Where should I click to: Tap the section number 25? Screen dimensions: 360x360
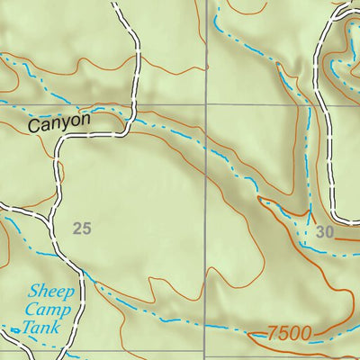(82, 229)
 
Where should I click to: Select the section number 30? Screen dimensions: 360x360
(325, 232)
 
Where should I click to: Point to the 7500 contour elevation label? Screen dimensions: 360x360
(290, 334)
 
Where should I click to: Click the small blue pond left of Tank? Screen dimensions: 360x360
(14, 332)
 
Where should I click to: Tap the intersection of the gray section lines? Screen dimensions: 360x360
(206, 104)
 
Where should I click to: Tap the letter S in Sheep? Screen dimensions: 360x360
(33, 292)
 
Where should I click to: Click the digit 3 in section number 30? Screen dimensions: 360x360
(320, 232)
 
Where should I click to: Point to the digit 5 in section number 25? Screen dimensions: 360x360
(86, 229)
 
